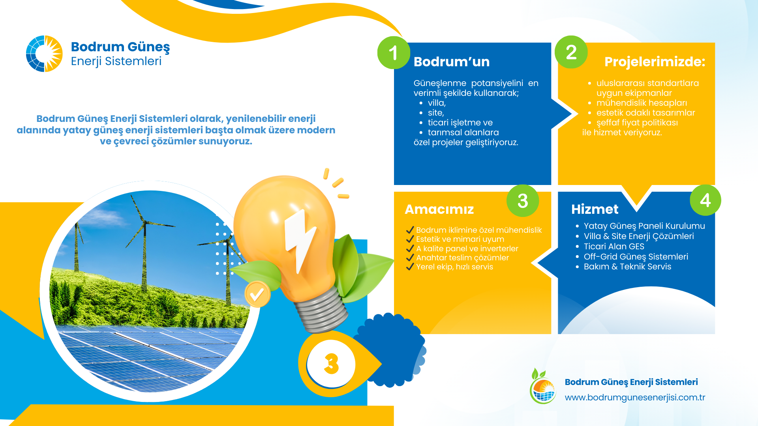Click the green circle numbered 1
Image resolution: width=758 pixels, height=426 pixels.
(394, 53)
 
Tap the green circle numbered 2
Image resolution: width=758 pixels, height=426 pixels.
(571, 52)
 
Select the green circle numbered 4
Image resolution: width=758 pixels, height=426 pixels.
(705, 200)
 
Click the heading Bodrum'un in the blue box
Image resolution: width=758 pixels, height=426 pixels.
(451, 62)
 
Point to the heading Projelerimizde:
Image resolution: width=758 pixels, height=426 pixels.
(655, 62)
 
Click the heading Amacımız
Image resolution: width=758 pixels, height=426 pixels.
(439, 209)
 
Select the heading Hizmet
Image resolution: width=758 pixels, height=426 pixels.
(595, 209)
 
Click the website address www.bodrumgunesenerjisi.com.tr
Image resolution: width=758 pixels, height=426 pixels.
(635, 397)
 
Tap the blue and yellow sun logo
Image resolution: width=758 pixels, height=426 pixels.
(44, 54)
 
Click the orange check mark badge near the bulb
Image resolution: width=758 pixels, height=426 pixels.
(257, 294)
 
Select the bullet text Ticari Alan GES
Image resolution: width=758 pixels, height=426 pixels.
(614, 247)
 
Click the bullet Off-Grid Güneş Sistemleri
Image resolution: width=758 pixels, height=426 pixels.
(636, 257)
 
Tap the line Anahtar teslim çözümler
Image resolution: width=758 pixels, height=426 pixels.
(462, 258)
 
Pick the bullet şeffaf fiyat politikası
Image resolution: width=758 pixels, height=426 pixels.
(637, 123)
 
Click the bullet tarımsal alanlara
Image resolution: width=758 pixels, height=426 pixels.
(463, 133)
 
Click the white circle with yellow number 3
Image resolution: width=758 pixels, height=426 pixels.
(331, 364)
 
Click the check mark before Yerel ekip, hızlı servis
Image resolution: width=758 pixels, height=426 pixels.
(410, 267)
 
